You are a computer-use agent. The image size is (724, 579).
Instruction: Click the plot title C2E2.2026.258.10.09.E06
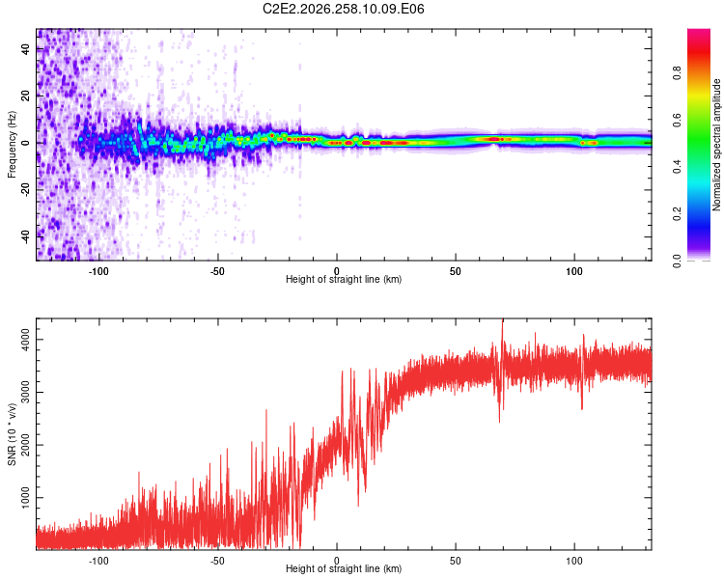coord(343,9)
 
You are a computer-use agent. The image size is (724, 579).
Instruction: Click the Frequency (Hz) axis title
coord(12,145)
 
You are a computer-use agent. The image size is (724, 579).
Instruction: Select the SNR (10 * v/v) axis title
coord(12,434)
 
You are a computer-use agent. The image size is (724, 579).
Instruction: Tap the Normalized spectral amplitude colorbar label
coord(716,145)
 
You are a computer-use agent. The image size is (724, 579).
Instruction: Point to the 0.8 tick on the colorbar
coord(677,73)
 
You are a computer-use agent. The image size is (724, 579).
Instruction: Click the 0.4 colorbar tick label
coord(677,167)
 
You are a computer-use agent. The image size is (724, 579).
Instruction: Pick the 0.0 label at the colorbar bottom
coord(677,261)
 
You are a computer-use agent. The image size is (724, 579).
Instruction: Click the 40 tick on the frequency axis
coord(26,49)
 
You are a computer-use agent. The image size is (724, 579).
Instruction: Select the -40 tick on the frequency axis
coord(26,237)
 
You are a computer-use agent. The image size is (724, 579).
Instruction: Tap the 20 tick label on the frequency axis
coord(26,96)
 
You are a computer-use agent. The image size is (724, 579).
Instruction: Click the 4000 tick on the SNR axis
coord(26,340)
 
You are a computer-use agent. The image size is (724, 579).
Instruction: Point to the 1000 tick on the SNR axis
coord(26,498)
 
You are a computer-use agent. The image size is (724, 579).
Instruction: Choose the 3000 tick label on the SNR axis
coord(26,393)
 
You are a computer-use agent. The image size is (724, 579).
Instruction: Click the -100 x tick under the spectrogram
coord(97,271)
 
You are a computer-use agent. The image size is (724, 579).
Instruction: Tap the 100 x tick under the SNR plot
coord(574,561)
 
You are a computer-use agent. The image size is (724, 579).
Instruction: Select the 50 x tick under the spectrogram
coord(456,271)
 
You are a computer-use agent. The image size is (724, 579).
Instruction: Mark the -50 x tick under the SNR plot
coord(217,561)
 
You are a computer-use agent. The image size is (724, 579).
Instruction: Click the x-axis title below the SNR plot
coord(344,568)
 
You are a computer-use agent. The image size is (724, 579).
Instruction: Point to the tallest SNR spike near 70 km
coord(502,320)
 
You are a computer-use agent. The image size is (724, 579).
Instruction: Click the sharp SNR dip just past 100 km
coord(582,408)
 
